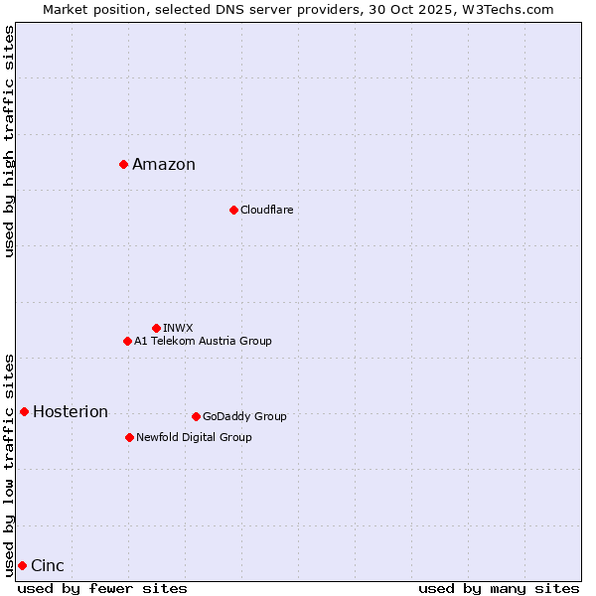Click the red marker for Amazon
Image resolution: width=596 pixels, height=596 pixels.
pyautogui.click(x=123, y=164)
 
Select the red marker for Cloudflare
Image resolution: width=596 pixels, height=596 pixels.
pyautogui.click(x=233, y=210)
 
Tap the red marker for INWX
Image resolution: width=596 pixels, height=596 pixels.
pyautogui.click(x=156, y=328)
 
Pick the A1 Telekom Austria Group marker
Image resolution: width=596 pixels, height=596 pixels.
pyautogui.click(x=127, y=341)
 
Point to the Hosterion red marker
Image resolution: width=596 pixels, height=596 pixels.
pyautogui.click(x=24, y=411)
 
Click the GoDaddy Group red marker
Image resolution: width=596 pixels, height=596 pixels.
pyautogui.click(x=196, y=416)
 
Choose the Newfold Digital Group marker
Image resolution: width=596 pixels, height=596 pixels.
pyautogui.click(x=129, y=437)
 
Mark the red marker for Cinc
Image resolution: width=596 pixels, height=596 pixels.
pyautogui.click(x=22, y=565)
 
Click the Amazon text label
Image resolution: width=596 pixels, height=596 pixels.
pyautogui.click(x=164, y=165)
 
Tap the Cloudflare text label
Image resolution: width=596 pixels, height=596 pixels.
pyautogui.click(x=266, y=211)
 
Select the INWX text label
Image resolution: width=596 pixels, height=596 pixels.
pyautogui.click(x=178, y=328)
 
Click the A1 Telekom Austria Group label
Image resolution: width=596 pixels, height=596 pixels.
pyautogui.click(x=203, y=342)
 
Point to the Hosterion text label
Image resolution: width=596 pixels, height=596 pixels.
pyautogui.click(x=71, y=412)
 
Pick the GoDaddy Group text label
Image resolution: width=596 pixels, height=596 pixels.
pyautogui.click(x=244, y=417)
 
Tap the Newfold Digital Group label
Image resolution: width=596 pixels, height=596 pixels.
pyautogui.click(x=194, y=438)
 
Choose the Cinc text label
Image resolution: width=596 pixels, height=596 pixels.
pyautogui.click(x=48, y=566)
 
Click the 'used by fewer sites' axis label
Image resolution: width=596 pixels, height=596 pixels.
pyautogui.click(x=102, y=588)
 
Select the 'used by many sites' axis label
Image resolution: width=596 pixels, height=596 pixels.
pyautogui.click(x=499, y=588)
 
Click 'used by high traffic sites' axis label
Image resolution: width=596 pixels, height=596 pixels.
pyautogui.click(x=9, y=141)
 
